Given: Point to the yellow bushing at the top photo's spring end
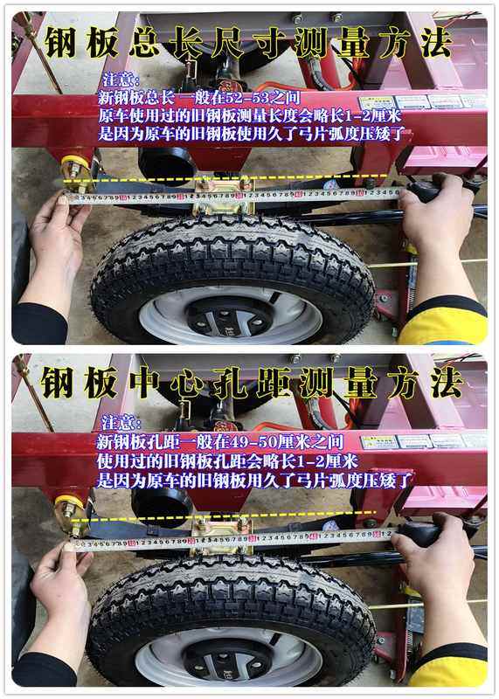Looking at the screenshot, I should [x=75, y=166].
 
